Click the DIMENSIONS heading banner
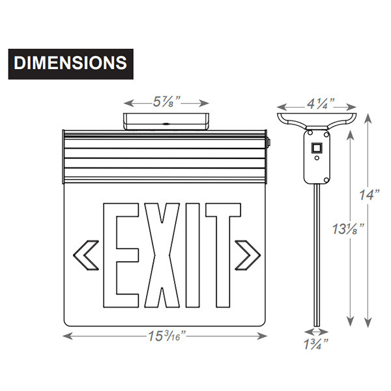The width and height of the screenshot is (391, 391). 70,63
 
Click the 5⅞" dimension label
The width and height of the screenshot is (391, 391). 166,102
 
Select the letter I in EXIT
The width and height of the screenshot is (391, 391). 192,257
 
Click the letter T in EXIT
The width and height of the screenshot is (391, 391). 220,257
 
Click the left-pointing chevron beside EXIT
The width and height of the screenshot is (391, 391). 89,255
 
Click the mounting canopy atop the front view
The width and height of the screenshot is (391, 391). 166,122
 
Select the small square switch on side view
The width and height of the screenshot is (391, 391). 317,148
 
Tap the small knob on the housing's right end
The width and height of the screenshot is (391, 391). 268,138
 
